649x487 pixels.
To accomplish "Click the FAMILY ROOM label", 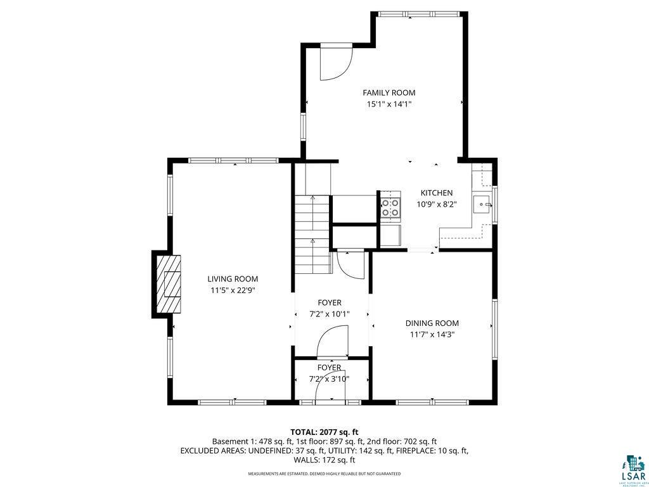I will [x=389, y=93].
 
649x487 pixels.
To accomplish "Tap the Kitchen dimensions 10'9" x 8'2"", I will [x=437, y=204].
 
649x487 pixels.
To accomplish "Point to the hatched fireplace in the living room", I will [x=168, y=284].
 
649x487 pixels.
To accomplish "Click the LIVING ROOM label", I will [x=233, y=279].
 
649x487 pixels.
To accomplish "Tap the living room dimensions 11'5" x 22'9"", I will [x=233, y=290].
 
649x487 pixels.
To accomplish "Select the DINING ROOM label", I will [x=432, y=323].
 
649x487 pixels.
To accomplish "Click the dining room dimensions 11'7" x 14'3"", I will [x=432, y=334].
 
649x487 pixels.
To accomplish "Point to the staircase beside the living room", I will [x=313, y=235].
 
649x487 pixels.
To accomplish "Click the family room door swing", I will [x=334, y=64].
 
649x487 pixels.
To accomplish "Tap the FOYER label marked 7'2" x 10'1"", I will [x=329, y=303].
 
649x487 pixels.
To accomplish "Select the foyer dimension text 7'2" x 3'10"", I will [x=329, y=379].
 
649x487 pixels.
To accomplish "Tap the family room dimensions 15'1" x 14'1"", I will [x=389, y=104].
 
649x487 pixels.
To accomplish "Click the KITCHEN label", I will [x=437, y=193].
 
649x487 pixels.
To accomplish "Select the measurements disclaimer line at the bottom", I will [x=324, y=474].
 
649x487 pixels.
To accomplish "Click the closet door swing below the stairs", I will [x=349, y=263].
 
